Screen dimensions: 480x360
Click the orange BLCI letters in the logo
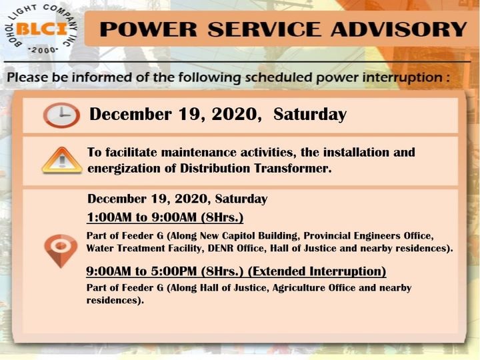pyautogui.click(x=41, y=29)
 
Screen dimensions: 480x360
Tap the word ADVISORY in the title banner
pyautogui.click(x=399, y=29)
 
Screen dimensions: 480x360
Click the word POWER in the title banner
pyautogui.click(x=148, y=29)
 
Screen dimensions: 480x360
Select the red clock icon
pyautogui.click(x=61, y=115)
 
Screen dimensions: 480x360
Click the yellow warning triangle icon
pyautogui.click(x=62, y=161)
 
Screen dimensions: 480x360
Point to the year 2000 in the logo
pyautogui.click(x=43, y=50)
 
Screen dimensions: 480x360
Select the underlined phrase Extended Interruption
pyautogui.click(x=317, y=271)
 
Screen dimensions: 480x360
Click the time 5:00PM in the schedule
pyautogui.click(x=173, y=271)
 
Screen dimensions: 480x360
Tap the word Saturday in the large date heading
pyautogui.click(x=310, y=115)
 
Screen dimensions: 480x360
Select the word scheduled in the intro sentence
pyautogui.click(x=279, y=77)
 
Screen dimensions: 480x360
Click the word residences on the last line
pyautogui.click(x=115, y=300)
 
